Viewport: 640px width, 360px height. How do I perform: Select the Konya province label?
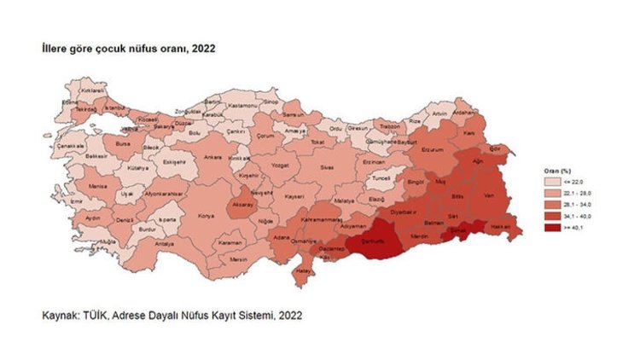206,216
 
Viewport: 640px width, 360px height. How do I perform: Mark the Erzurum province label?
435,148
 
